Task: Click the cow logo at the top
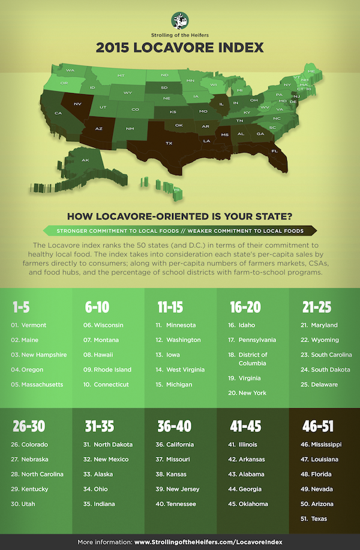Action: (x=180, y=20)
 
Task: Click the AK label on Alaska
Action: (x=85, y=160)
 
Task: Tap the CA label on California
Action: (x=59, y=113)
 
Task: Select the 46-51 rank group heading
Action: (x=319, y=426)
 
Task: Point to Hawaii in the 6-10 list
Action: (x=105, y=354)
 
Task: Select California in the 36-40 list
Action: (x=179, y=444)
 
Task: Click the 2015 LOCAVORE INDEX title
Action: (x=180, y=47)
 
